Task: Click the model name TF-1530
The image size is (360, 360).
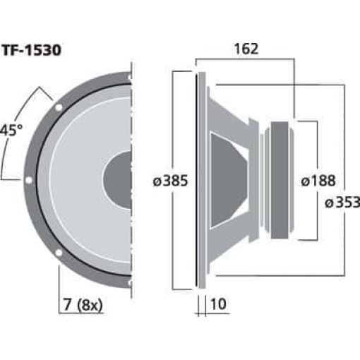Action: pos(35,50)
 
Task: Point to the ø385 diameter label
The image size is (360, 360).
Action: pos(170,181)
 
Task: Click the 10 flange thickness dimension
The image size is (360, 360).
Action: pos(219,306)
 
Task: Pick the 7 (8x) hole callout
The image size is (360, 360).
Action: pos(82,306)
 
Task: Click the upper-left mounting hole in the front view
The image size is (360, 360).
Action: pos(59,106)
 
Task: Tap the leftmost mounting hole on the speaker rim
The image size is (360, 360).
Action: pos(29,180)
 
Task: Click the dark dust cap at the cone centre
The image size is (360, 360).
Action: pos(119,180)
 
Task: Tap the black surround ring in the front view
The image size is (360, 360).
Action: pos(40,180)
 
